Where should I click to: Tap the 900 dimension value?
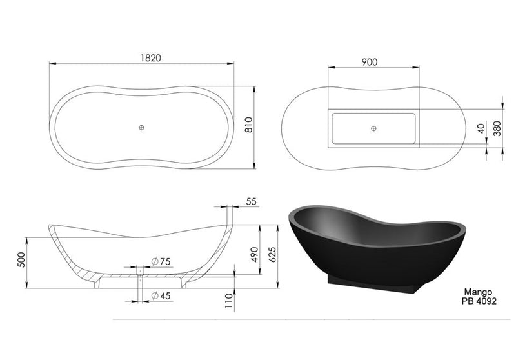370,62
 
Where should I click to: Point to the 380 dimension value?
497,129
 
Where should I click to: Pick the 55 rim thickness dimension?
251,201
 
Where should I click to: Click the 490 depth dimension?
253,255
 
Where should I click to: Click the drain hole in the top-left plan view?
141,127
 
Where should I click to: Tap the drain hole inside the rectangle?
373,128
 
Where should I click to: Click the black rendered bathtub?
374,245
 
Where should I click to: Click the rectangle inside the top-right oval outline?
373,128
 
